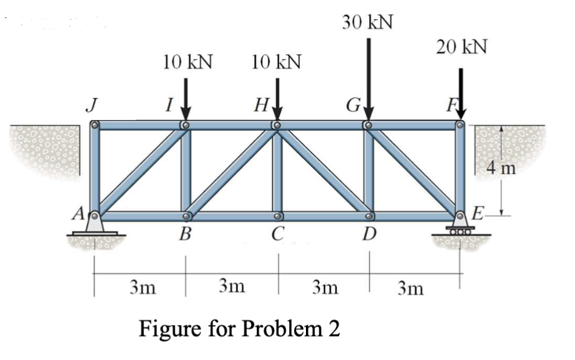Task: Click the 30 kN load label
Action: pos(368,23)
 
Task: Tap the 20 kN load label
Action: pos(461,47)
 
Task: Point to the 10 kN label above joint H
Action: pos(276,62)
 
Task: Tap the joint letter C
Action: pos(278,234)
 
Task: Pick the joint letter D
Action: pos(370,234)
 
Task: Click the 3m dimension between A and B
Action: pos(142,286)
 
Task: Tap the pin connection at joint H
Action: pos(276,126)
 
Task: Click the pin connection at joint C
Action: pos(278,217)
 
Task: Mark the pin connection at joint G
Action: pos(368,126)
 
